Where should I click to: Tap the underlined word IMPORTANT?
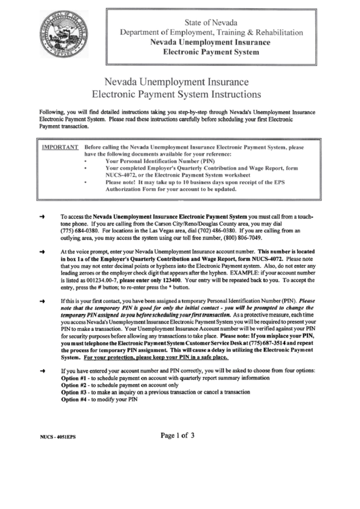pos(60,146)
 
